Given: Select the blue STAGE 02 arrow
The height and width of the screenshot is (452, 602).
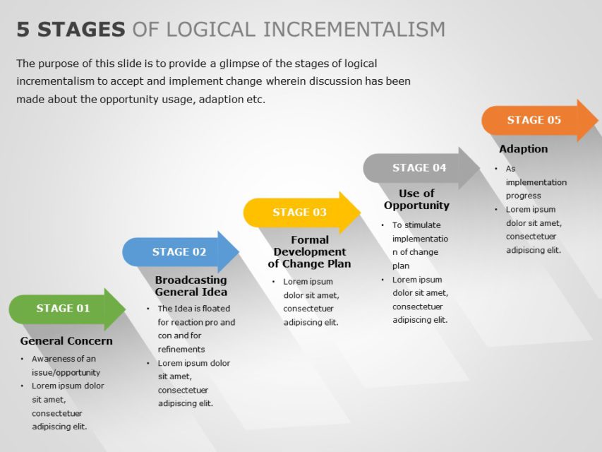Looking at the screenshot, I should [180, 252].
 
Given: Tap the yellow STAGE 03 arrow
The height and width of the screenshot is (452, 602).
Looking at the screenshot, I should [301, 213].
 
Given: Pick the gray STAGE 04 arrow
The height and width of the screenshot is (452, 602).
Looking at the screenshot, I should [420, 168].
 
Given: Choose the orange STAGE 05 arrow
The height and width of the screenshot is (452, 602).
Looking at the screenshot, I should [535, 120].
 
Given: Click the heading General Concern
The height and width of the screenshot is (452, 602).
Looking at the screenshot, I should [66, 341].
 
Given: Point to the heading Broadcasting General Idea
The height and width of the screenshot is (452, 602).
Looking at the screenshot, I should [191, 286].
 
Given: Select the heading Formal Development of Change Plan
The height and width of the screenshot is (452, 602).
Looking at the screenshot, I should [310, 252].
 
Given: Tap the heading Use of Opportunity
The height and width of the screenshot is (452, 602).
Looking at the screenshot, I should [416, 199].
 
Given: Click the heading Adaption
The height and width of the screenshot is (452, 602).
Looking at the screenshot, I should [523, 149].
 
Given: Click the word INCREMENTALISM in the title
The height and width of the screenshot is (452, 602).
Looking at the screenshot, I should [354, 30].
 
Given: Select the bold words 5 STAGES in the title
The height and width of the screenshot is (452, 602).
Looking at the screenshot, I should [71, 30].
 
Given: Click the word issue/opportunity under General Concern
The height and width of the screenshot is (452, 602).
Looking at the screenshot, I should [66, 372].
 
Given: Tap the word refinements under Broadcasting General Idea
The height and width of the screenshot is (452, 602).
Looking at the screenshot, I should [181, 349].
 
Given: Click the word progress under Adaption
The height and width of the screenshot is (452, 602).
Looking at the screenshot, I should [524, 196].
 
